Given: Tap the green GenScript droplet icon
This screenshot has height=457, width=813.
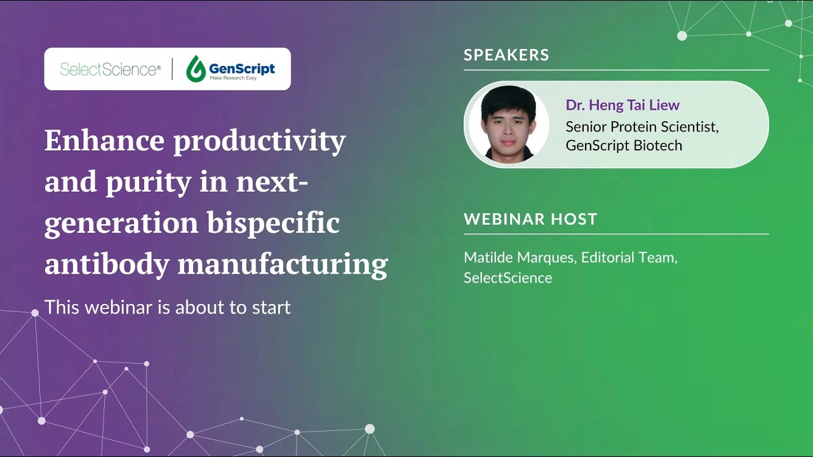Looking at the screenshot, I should tap(196, 69).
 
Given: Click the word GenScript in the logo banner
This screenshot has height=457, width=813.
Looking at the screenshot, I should tap(242, 67).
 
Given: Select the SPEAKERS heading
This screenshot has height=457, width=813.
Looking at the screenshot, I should tap(506, 55).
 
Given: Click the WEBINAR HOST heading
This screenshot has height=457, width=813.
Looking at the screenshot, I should tap(530, 220).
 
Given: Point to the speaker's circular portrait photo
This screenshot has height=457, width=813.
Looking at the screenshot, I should tap(508, 124).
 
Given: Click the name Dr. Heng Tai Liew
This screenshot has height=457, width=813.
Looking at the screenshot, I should tap(622, 105).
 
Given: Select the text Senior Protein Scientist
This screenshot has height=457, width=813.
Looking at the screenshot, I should tap(642, 127).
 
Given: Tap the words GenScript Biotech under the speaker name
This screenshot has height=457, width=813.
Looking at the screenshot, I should tap(624, 145).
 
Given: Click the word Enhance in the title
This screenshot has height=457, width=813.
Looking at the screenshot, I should tap(104, 141).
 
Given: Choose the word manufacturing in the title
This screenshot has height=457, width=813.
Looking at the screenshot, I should tap(282, 264).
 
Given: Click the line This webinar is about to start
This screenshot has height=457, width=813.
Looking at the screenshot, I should tap(168, 308).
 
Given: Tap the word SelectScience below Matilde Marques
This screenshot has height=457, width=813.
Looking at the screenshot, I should tap(507, 278).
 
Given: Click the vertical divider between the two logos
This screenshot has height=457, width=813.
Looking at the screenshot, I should tap(173, 69).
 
